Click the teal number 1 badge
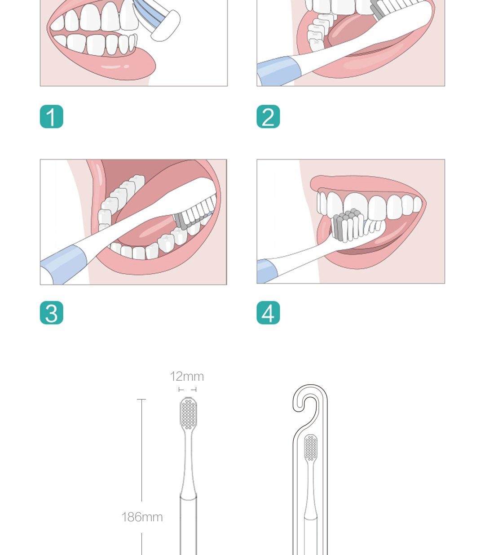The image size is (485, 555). click(52, 117)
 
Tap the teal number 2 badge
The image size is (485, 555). click(268, 117)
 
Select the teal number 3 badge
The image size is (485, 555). click(52, 313)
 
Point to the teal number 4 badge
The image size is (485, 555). click(268, 313)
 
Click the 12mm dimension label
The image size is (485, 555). click(187, 377)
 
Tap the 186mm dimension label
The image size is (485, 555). click(142, 517)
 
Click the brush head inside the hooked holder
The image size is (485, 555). click(310, 448)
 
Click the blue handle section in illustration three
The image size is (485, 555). click(64, 265)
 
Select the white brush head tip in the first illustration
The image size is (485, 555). click(165, 26)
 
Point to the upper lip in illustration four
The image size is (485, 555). click(366, 183)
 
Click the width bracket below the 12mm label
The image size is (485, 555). click(187, 390)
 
